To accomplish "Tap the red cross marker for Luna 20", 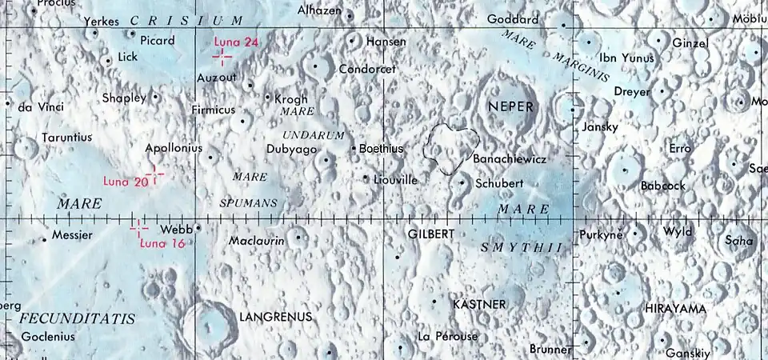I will pyautogui.click(x=154, y=175).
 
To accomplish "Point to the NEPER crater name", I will pyautogui.click(x=510, y=106).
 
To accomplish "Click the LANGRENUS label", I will pyautogui.click(x=275, y=317).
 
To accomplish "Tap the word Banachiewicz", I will pyautogui.click(x=510, y=160).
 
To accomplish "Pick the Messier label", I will pyautogui.click(x=72, y=235).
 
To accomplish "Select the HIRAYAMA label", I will pyautogui.click(x=676, y=308).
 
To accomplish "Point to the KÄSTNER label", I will pyautogui.click(x=479, y=304).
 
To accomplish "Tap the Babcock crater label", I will pyautogui.click(x=663, y=186).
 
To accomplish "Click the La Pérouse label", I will pyautogui.click(x=447, y=337).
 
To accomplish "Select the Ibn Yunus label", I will pyautogui.click(x=626, y=58).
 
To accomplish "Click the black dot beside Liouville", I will pyautogui.click(x=366, y=178).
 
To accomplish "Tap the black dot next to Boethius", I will pyautogui.click(x=354, y=148).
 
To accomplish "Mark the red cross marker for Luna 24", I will pyautogui.click(x=222, y=55).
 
